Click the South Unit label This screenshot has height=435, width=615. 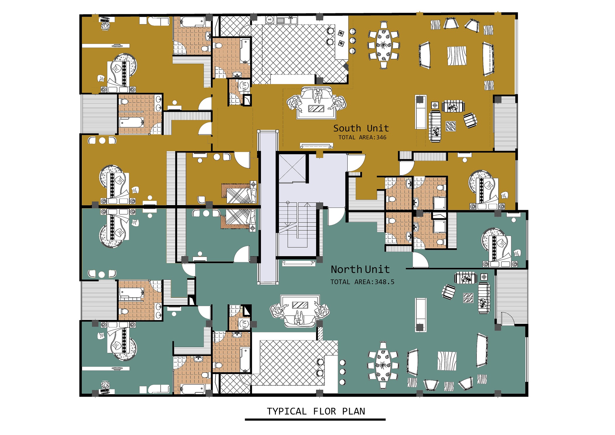pyautogui.click(x=361, y=128)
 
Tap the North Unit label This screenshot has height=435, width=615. pyautogui.click(x=360, y=269)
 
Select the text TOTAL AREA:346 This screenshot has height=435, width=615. pyautogui.click(x=362, y=137)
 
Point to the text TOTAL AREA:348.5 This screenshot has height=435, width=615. pyautogui.click(x=362, y=282)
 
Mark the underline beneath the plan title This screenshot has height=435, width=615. pyautogui.click(x=315, y=420)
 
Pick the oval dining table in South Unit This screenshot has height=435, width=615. pyautogui.click(x=384, y=45)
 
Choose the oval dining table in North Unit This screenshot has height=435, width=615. pyautogui.click(x=383, y=365)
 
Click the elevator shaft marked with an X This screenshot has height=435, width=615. pyautogui.click(x=292, y=168)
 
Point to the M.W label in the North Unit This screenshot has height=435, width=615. pyautogui.click(x=244, y=324)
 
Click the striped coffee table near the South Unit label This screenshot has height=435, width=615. pyautogui.click(x=316, y=109)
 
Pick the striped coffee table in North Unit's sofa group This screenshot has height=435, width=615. pyautogui.click(x=300, y=305)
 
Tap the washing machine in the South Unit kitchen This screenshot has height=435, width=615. pyautogui.click(x=270, y=20)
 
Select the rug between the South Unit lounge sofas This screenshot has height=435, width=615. pyautogui.click(x=457, y=56)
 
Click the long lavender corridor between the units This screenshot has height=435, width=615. pyautogui.click(x=268, y=207)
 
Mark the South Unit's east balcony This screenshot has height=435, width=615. pyautogui.click(x=505, y=123)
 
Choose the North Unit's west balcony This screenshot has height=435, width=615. pyautogui.click(x=99, y=300)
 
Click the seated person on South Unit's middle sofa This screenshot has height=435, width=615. pyautogui.click(x=318, y=96)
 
